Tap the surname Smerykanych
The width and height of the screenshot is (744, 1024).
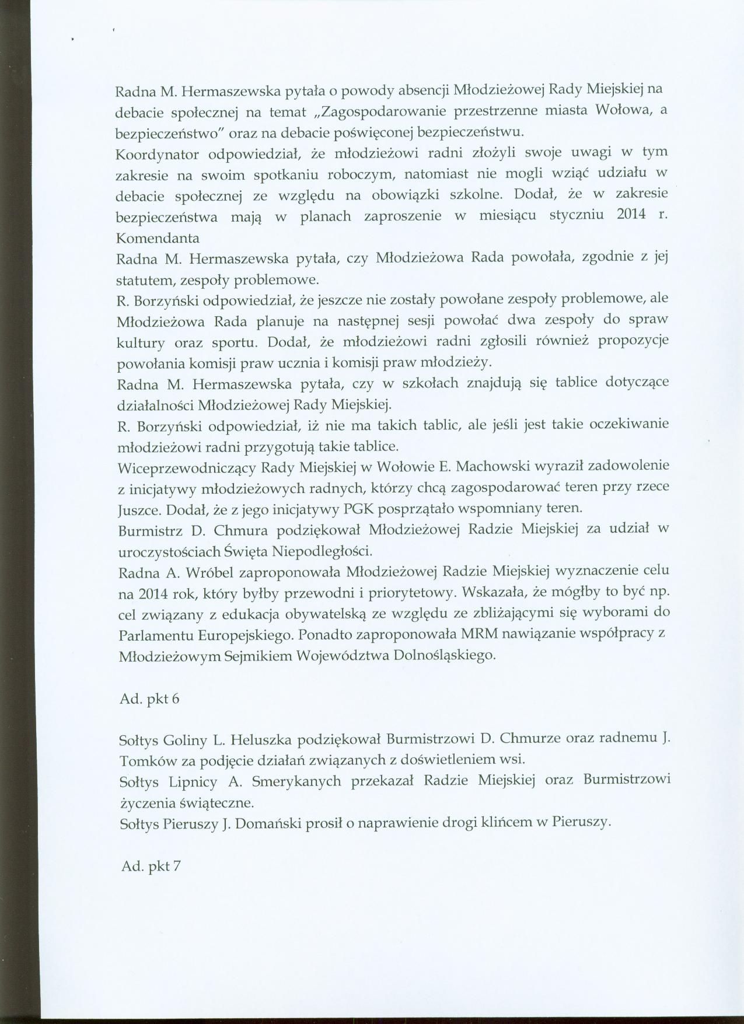click(x=291, y=781)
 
